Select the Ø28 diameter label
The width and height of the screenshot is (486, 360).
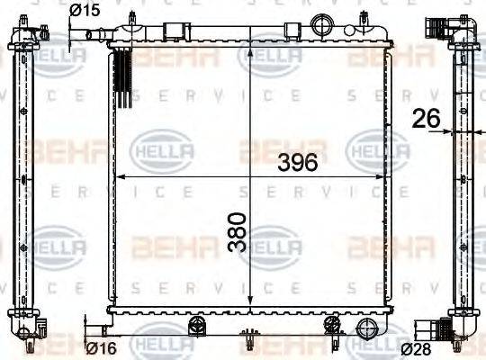pyautogui.click(x=416, y=347)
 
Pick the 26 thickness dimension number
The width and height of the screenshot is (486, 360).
pyautogui.click(x=427, y=117)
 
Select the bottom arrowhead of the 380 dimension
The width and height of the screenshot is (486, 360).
pyautogui.click(x=250, y=304)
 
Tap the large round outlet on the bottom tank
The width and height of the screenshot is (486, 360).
pyautogui.click(x=366, y=328)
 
